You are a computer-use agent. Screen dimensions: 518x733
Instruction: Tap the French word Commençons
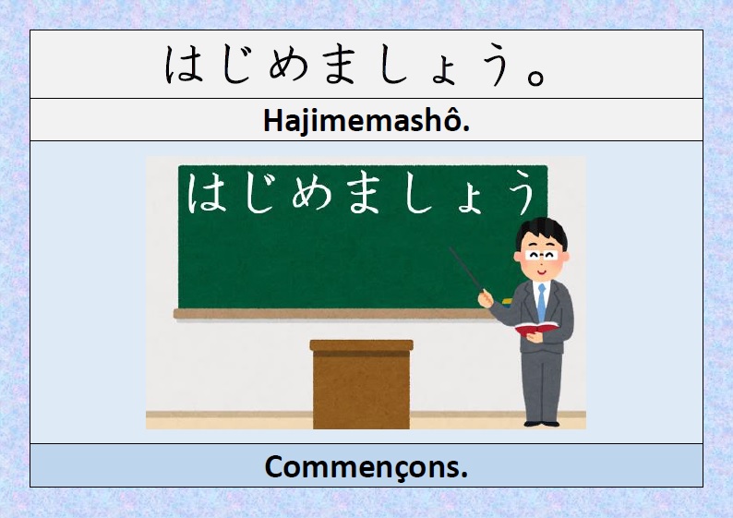[366, 466]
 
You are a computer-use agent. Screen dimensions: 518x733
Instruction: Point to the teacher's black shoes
[540, 423]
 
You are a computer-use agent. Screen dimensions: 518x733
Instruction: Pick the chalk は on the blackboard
[205, 195]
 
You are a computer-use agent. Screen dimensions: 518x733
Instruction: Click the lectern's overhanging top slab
[361, 345]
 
